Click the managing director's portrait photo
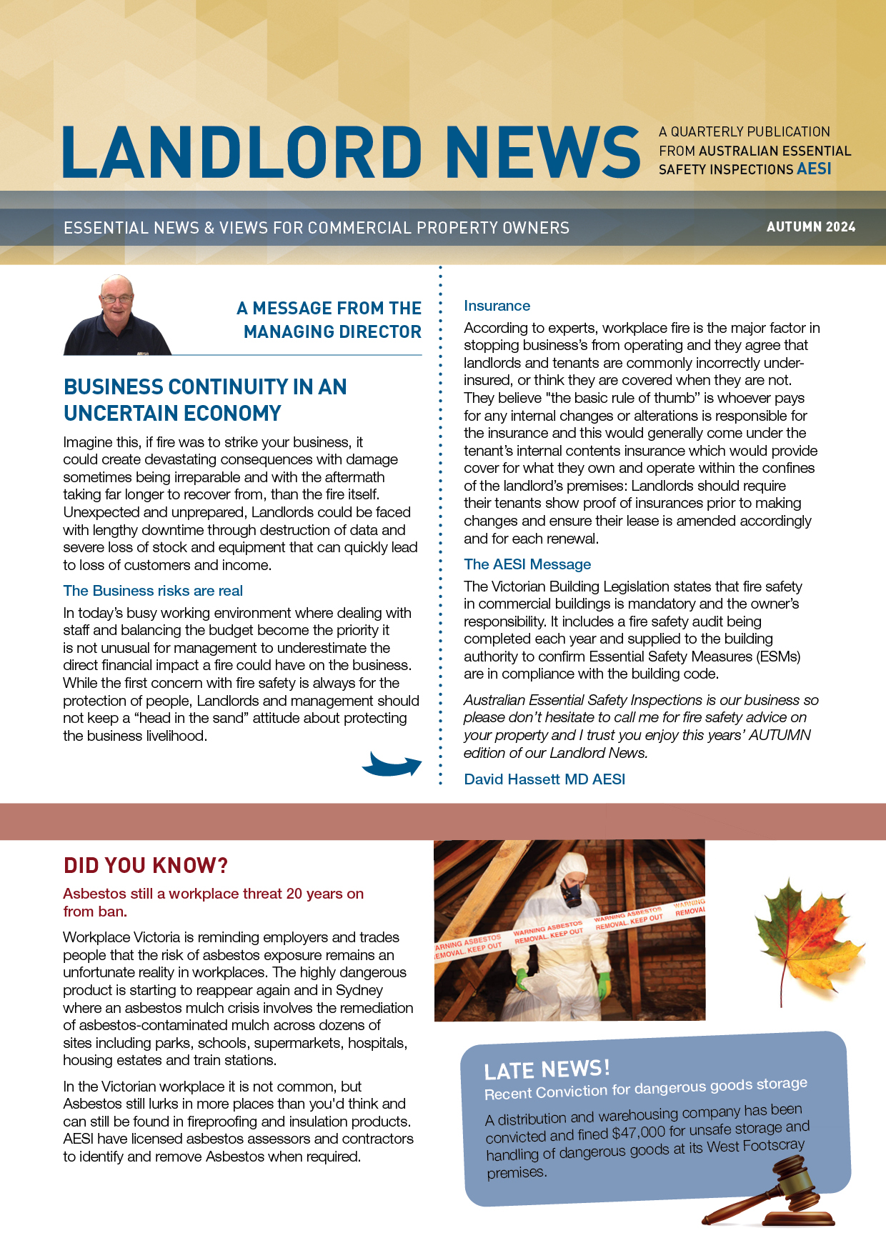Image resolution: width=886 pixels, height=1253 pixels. tap(117, 316)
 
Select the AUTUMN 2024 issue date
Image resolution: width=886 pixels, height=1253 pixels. tap(810, 227)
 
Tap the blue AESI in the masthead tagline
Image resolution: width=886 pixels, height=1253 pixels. tap(814, 169)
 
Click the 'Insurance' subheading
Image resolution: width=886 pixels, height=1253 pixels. tap(497, 306)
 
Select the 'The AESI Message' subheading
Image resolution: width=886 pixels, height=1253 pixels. tap(527, 564)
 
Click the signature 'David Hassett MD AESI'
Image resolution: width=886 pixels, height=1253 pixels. tap(544, 779)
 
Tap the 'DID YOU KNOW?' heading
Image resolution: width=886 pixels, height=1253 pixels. tap(146, 866)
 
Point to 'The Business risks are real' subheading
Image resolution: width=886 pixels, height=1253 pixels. tap(153, 591)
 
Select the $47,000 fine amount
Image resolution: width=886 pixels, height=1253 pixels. tap(639, 1132)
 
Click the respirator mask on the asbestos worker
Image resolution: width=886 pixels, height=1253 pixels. tap(571, 891)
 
